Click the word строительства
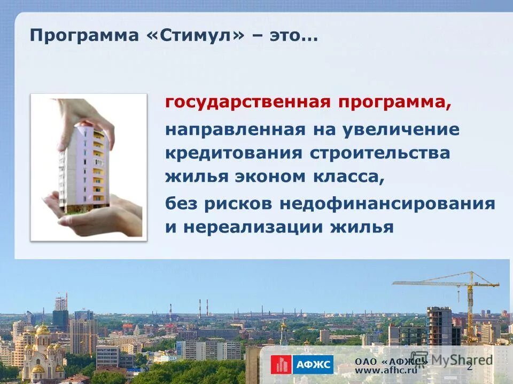pos(380,154)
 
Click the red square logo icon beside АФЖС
pos(280,365)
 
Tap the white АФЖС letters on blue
pos(312,365)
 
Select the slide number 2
pos(470,367)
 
